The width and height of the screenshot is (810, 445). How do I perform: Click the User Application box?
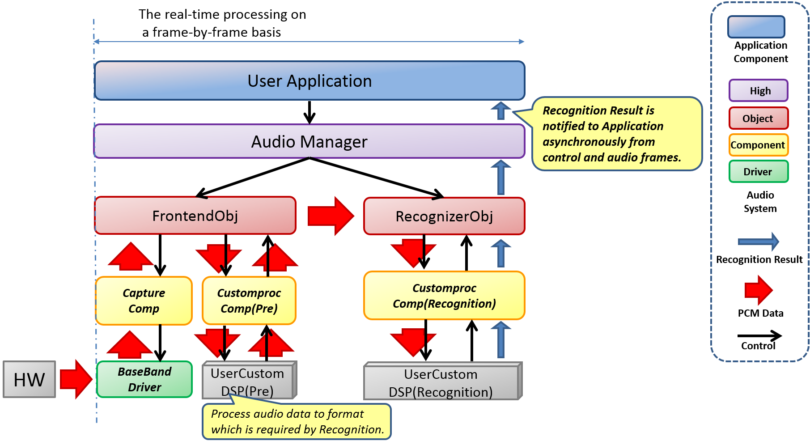[x=310, y=81]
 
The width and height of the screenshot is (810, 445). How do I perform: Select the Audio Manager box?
[x=309, y=142]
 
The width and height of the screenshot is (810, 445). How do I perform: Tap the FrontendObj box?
[x=195, y=216]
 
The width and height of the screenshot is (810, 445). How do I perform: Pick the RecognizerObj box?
[x=444, y=216]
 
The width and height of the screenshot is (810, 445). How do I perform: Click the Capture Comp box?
[x=144, y=301]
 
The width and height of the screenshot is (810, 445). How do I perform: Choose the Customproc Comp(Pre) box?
[x=249, y=301]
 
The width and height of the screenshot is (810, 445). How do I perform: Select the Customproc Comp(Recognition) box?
[x=444, y=296]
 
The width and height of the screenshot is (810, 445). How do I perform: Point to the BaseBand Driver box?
[x=144, y=379]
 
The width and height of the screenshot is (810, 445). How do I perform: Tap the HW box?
[x=30, y=380]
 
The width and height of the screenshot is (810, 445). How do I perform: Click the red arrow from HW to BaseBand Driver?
[x=76, y=379]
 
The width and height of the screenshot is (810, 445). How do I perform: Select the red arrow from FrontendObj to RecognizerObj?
[x=331, y=216]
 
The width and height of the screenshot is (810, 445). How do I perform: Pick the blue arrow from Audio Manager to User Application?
[x=501, y=110]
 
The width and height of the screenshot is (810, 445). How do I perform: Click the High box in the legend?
[x=758, y=91]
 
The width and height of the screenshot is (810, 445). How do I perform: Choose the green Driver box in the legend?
[x=758, y=172]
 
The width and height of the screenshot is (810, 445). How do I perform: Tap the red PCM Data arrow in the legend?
[x=758, y=290]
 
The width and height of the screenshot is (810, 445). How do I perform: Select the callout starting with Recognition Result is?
[x=616, y=134]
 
